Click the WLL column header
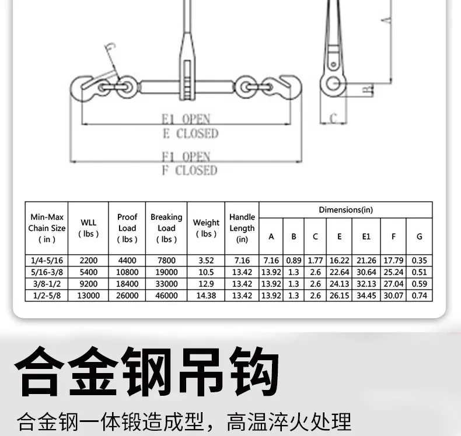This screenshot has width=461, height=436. coord(88,228)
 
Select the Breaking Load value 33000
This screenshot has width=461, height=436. coord(166,284)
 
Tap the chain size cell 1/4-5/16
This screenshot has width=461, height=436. coord(47,261)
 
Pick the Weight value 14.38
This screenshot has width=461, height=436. coord(206,296)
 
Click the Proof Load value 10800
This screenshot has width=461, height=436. coord(127,272)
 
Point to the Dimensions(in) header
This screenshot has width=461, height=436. coord(345,210)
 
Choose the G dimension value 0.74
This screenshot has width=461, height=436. coord(419,296)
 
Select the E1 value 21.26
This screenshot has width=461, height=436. coord(366,261)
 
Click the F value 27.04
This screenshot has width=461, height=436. coord(393,284)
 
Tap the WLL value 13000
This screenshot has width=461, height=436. coord(88,296)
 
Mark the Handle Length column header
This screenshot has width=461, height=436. coord(242,228)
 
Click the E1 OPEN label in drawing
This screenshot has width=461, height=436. coord(186,119)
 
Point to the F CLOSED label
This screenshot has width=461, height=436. coord(190,170)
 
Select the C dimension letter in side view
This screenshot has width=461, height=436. coord(333,118)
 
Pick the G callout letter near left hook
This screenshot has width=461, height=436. coord(110,47)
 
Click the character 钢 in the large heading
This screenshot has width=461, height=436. coord(146,372)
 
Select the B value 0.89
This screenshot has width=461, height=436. coord(294,261)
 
